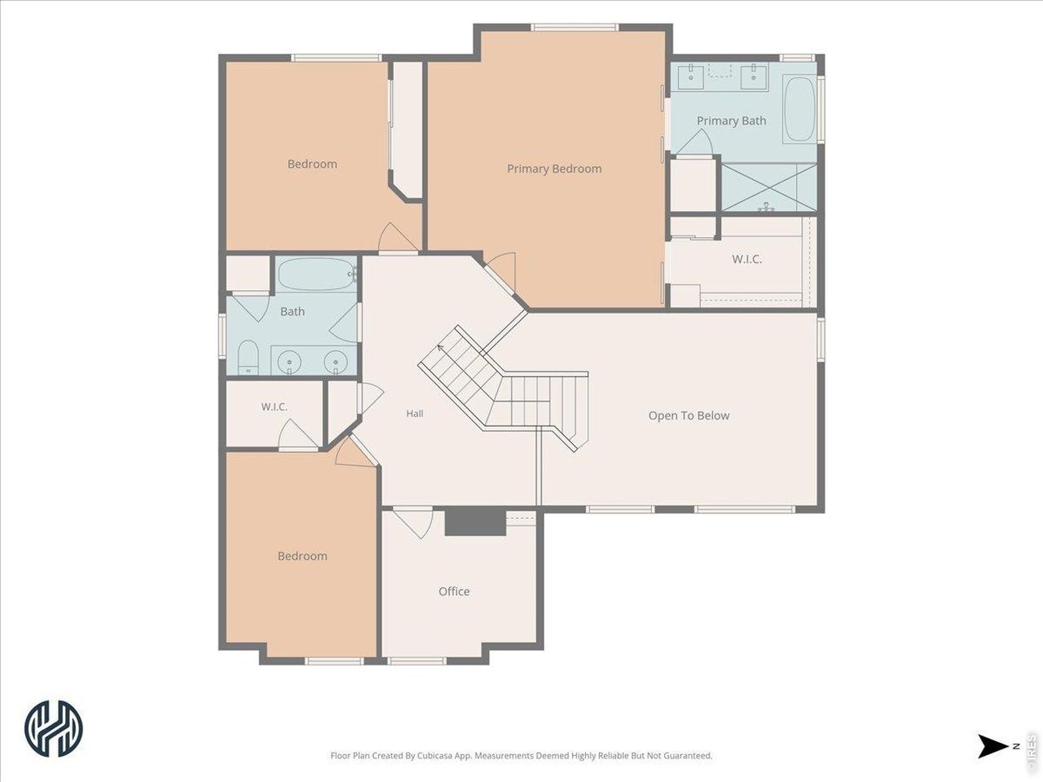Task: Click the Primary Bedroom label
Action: tap(554, 169)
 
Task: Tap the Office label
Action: tap(454, 591)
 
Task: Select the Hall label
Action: tap(415, 414)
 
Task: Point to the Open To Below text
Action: tap(689, 415)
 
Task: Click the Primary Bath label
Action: tap(731, 121)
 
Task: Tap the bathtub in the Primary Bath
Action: tap(799, 110)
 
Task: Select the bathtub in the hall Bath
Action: tap(317, 274)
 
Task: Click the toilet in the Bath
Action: tap(248, 357)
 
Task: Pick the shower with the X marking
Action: tap(769, 187)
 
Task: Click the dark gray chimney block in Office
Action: tap(475, 521)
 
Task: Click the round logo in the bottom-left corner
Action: tap(53, 728)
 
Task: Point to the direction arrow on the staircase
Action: tap(440, 348)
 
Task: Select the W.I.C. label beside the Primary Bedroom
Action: tap(746, 259)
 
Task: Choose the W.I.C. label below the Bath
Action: tap(274, 407)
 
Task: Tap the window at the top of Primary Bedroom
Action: tap(575, 28)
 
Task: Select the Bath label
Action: tap(293, 311)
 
